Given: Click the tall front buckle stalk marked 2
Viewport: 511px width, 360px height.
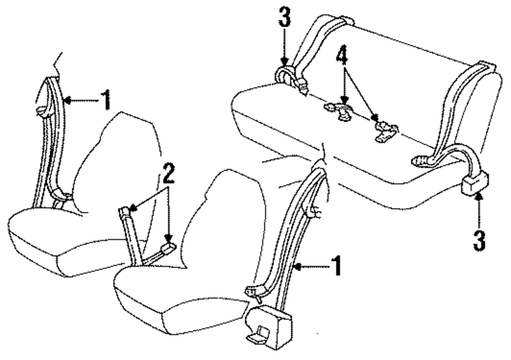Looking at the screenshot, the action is click(x=130, y=232).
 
